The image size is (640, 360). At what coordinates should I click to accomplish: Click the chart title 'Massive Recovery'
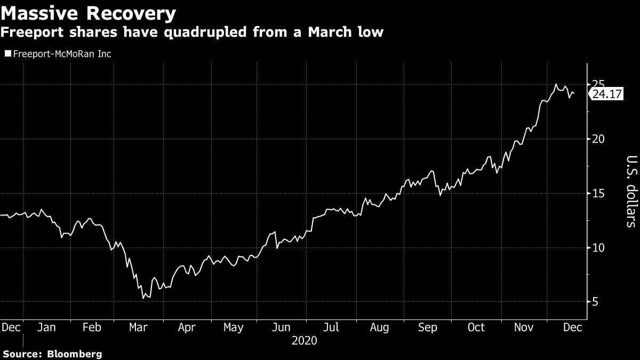(89, 13)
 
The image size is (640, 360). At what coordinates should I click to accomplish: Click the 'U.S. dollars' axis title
(630, 192)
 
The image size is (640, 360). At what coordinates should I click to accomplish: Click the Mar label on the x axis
(138, 327)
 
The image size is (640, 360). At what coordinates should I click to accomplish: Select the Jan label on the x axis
(47, 327)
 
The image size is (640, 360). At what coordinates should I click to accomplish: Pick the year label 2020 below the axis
(305, 340)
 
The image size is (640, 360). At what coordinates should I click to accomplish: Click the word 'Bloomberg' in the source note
(76, 354)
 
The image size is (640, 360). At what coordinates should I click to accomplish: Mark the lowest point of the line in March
(143, 299)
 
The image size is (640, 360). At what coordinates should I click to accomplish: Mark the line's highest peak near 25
(556, 84)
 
